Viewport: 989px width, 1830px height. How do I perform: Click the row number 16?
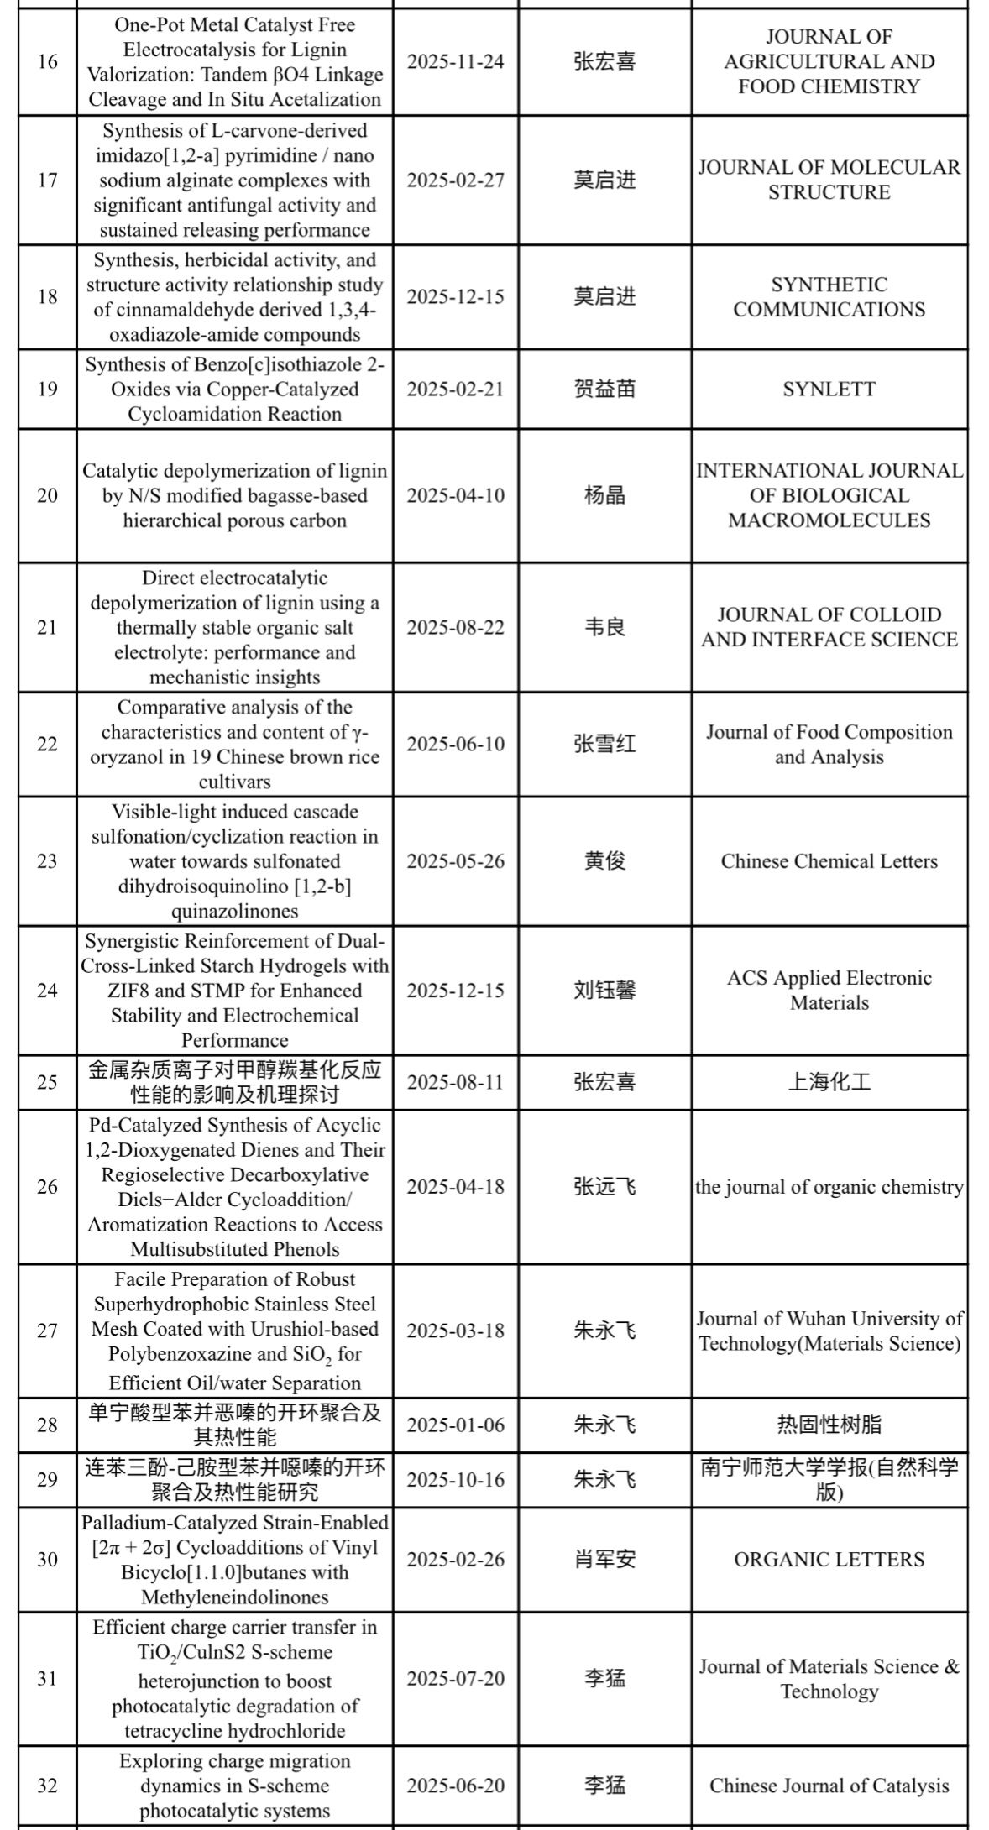pos(47,61)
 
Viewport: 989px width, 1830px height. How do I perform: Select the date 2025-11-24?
pos(456,61)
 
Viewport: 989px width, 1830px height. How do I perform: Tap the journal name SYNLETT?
pos(829,389)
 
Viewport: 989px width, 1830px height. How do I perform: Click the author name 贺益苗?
pos(604,389)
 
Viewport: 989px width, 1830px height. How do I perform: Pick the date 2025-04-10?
pos(456,495)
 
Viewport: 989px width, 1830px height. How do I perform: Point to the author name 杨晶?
pos(604,495)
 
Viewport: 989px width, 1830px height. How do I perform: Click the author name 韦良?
pos(604,627)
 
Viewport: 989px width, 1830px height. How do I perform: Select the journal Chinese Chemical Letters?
pos(829,861)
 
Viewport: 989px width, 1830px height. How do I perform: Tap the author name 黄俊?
pos(604,861)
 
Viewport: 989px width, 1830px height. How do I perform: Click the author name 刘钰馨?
pos(604,991)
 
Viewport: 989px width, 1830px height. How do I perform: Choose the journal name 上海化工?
pos(829,1082)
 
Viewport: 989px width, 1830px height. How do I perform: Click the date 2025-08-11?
pos(456,1082)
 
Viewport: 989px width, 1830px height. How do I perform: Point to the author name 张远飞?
pos(604,1187)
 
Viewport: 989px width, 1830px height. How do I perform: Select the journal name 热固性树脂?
pos(829,1425)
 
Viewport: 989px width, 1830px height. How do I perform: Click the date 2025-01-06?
pos(456,1425)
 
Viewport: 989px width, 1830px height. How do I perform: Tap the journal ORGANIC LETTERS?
pos(829,1560)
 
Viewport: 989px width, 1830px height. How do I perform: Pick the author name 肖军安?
pos(604,1560)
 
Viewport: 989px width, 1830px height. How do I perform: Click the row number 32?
pos(47,1786)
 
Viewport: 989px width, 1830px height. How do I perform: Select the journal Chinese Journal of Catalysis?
pos(829,1786)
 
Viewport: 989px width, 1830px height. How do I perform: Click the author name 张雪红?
pos(604,744)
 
